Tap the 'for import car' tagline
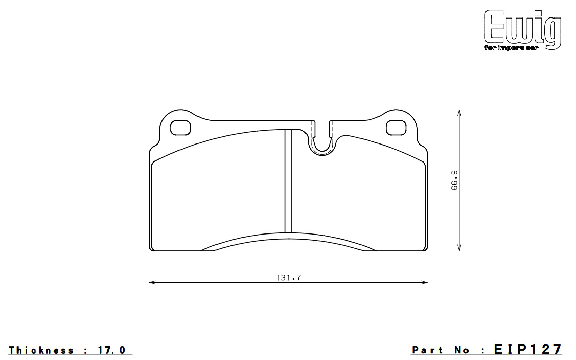point(511,48)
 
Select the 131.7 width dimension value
point(289,278)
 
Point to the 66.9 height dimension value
point(455,180)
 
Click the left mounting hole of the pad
point(181,128)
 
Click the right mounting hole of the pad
point(396,128)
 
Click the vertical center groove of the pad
point(289,181)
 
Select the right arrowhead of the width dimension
point(424,282)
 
